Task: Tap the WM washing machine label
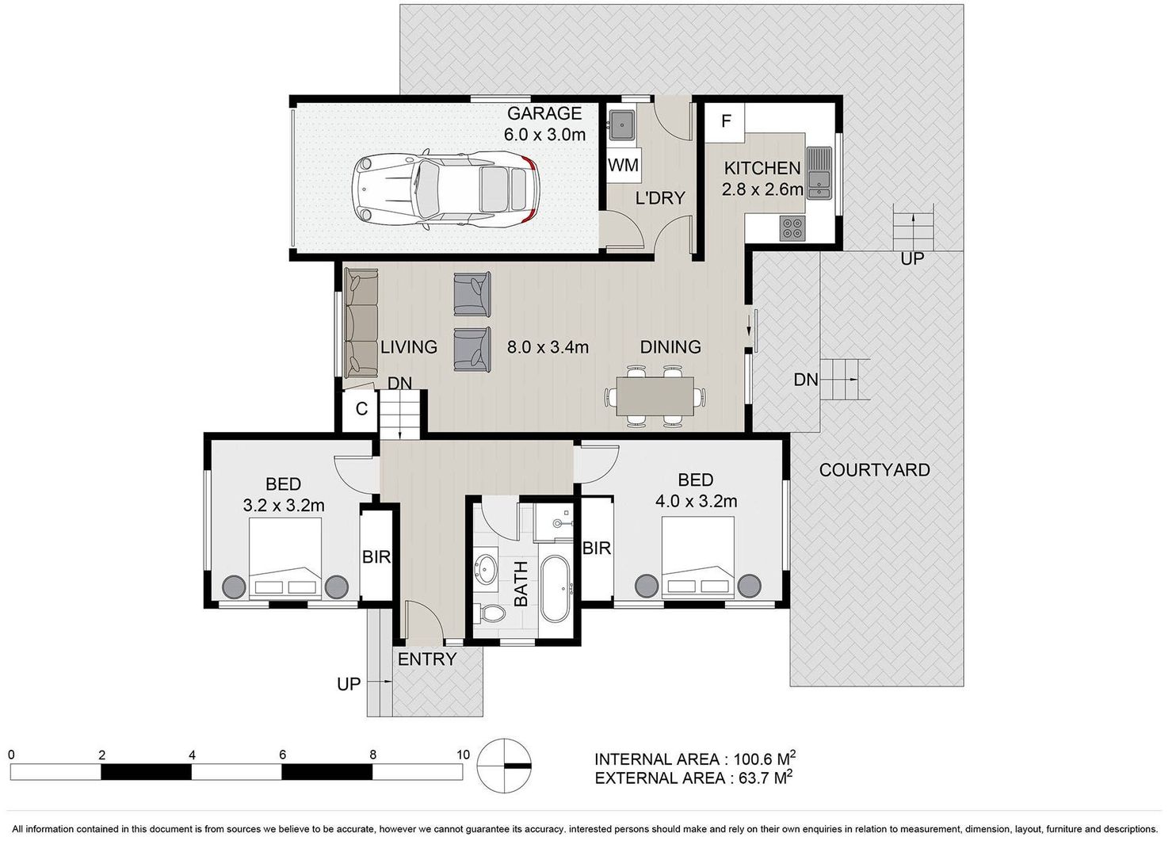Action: click(x=623, y=165)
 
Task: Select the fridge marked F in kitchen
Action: click(x=726, y=121)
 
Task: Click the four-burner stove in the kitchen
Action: click(x=792, y=227)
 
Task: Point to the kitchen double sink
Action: click(x=819, y=172)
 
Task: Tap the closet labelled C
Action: click(x=361, y=410)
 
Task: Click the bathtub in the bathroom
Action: click(x=555, y=587)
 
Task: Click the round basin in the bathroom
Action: click(x=486, y=570)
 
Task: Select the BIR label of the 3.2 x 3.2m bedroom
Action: click(x=376, y=556)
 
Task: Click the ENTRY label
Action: click(x=427, y=659)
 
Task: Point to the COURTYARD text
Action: click(x=874, y=470)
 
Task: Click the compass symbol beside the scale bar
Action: click(x=505, y=765)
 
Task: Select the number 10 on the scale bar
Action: click(x=462, y=755)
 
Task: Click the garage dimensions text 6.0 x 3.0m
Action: click(x=544, y=134)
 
